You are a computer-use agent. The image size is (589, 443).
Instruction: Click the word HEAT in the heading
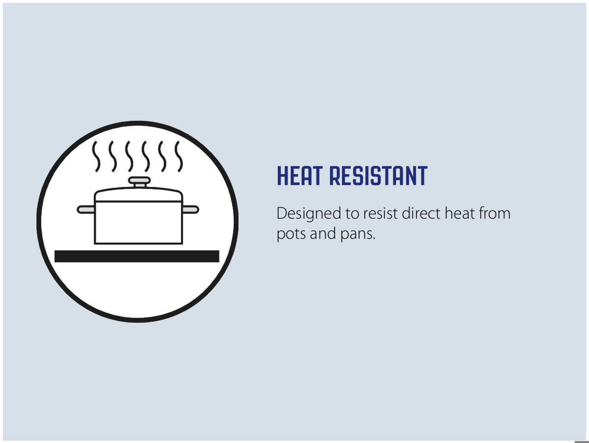click(299, 176)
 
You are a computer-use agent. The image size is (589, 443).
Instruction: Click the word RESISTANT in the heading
click(378, 176)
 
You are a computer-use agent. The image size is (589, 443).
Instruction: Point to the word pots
click(291, 234)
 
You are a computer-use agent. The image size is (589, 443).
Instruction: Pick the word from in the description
click(494, 213)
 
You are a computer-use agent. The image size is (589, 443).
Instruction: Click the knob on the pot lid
click(139, 181)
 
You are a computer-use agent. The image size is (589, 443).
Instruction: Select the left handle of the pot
click(86, 209)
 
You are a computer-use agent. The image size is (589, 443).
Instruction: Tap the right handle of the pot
click(190, 209)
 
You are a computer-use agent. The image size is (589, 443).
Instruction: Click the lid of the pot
click(138, 194)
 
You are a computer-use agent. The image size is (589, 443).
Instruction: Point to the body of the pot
click(138, 222)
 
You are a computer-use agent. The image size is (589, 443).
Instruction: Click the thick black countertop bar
click(137, 256)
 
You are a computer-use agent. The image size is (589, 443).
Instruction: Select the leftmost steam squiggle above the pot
click(96, 156)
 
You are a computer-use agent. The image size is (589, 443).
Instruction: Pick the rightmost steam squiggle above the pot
click(179, 156)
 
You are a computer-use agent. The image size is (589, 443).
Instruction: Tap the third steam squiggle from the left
click(129, 156)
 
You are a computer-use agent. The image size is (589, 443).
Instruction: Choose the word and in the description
click(323, 233)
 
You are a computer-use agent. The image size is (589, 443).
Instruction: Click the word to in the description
click(352, 214)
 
